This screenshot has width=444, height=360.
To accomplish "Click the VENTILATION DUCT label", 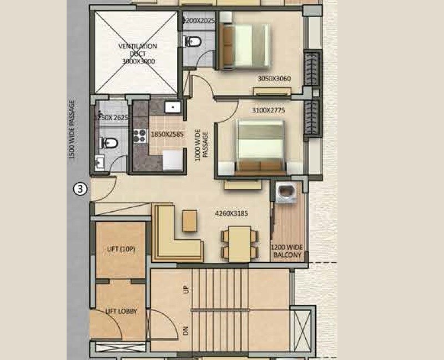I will tap(137, 54).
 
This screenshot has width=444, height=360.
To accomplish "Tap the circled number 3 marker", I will tap(81, 189).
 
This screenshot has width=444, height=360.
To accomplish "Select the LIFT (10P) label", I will tap(120, 249).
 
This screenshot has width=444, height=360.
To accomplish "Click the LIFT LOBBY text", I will tap(120, 312).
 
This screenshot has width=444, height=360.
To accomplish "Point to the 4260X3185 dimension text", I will tap(231, 213).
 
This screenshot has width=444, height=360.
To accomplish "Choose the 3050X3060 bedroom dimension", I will tap(274, 78).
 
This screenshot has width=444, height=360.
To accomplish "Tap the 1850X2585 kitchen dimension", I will tap(167, 133).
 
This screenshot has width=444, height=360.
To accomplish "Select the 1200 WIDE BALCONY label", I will tap(287, 252).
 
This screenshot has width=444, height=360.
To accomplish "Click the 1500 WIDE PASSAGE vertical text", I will tap(72, 130).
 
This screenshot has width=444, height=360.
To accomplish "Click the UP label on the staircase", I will tap(185, 289).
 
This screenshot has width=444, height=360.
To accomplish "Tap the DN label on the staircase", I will tap(185, 331).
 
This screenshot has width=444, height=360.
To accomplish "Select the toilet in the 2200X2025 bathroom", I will tap(193, 42).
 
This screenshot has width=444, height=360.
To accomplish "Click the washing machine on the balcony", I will tap(286, 191).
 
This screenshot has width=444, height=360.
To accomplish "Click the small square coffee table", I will tap(190, 220).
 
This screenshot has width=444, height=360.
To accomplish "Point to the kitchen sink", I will tap(173, 107).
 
